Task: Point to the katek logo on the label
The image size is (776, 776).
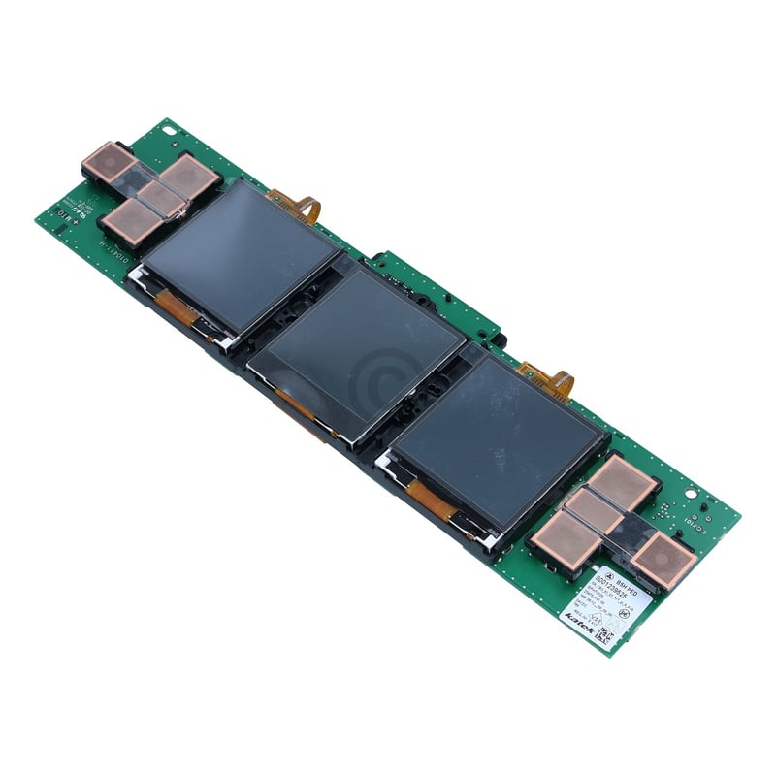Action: (x=580, y=612)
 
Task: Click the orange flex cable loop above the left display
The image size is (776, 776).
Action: (x=297, y=205)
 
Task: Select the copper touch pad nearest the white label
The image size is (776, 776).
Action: (x=664, y=560)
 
